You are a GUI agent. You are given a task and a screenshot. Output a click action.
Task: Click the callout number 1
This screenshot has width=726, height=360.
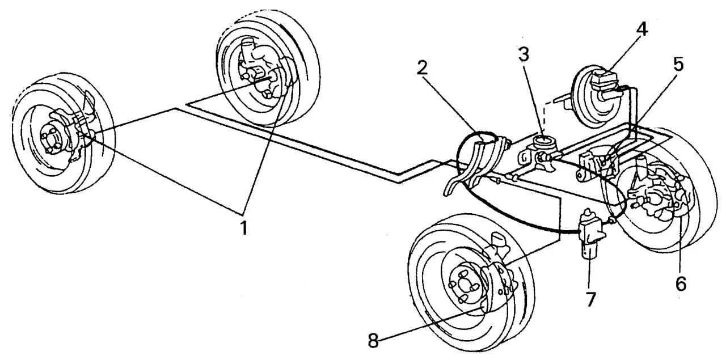pos(243,228)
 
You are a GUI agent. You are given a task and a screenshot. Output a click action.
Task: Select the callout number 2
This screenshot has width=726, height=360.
pos(421,67)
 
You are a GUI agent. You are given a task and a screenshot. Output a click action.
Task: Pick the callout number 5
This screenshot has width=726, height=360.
pos(678,64)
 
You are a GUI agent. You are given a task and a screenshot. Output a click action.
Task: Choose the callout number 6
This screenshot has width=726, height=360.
pos(681,283)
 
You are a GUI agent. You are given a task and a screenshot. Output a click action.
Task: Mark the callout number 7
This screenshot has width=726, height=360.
pos(591,299)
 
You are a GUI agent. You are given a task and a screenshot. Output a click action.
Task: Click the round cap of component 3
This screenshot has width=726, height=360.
pos(543,139)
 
